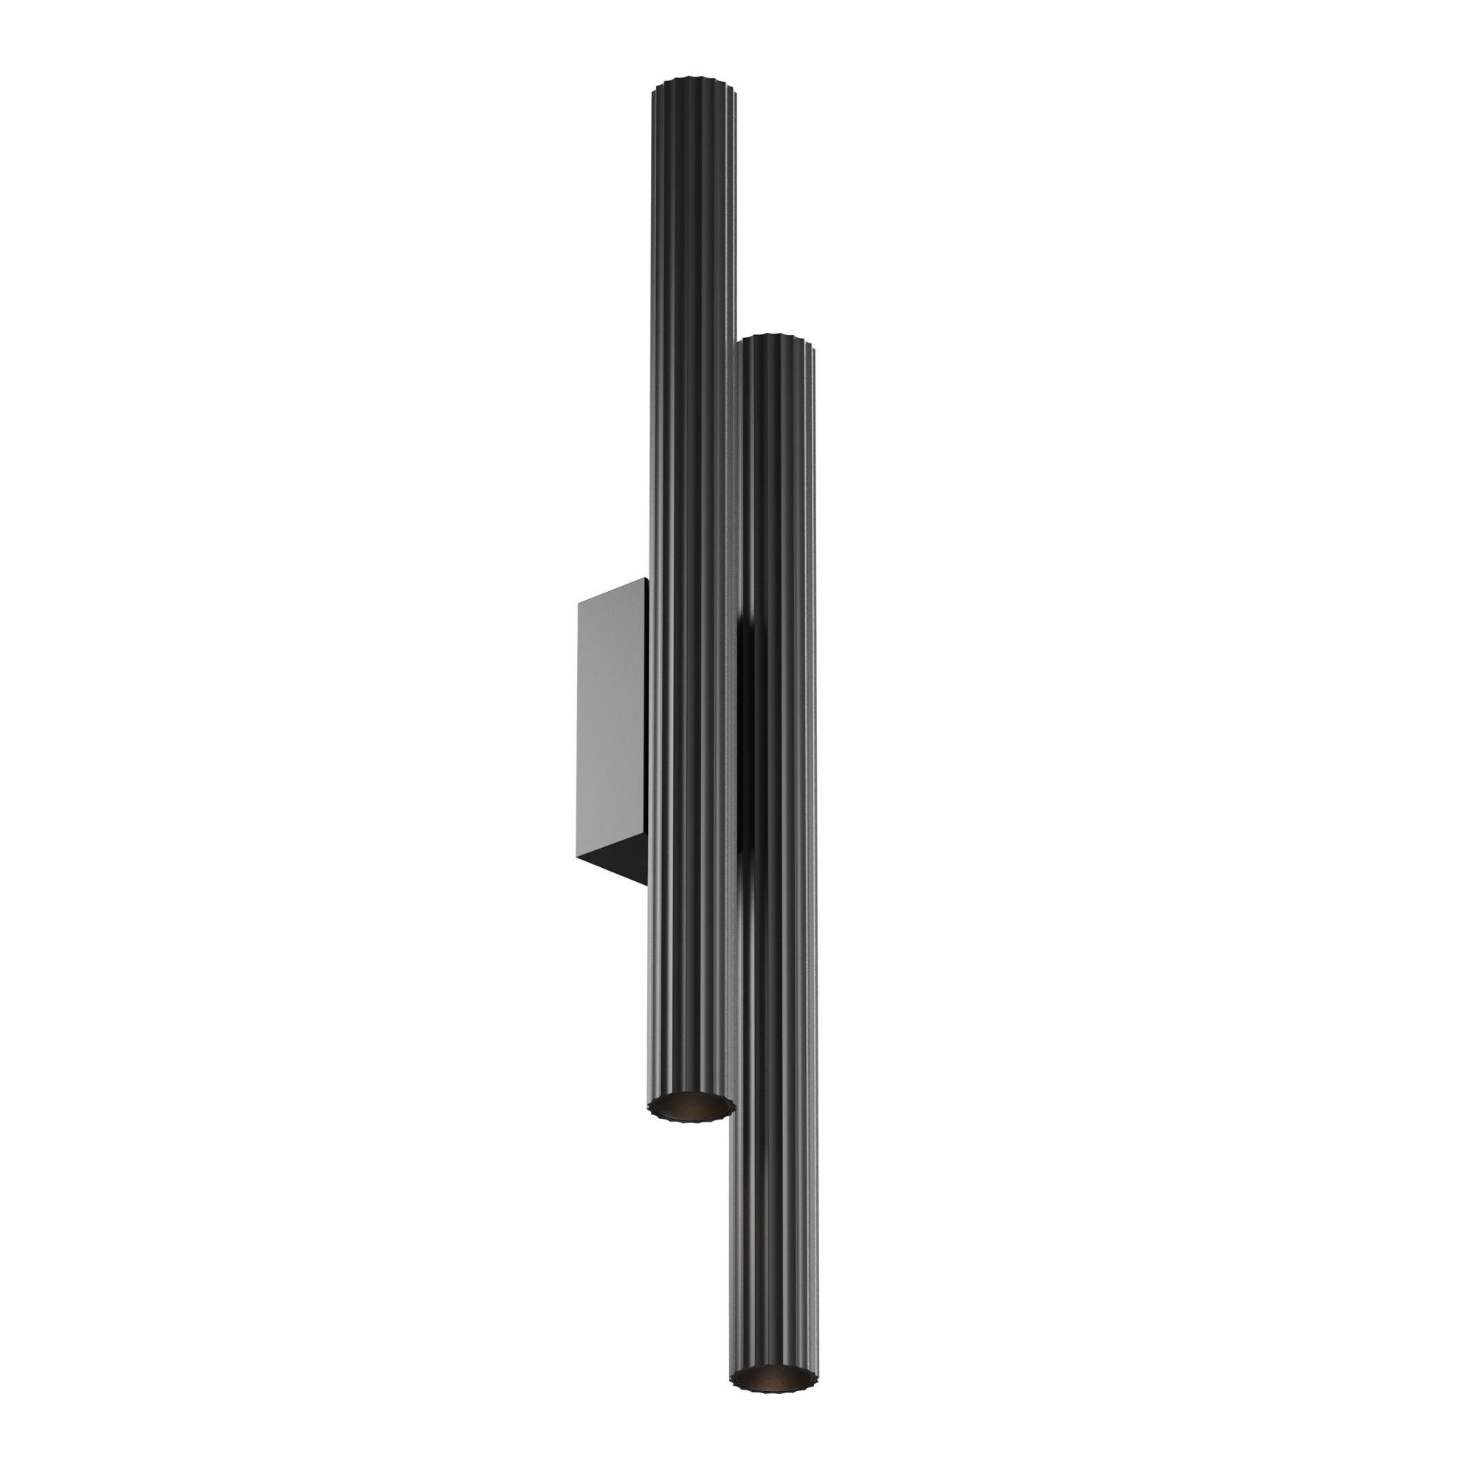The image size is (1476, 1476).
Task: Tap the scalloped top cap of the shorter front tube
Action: coord(778,339)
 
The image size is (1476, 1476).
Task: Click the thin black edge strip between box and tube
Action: coord(647,725)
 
